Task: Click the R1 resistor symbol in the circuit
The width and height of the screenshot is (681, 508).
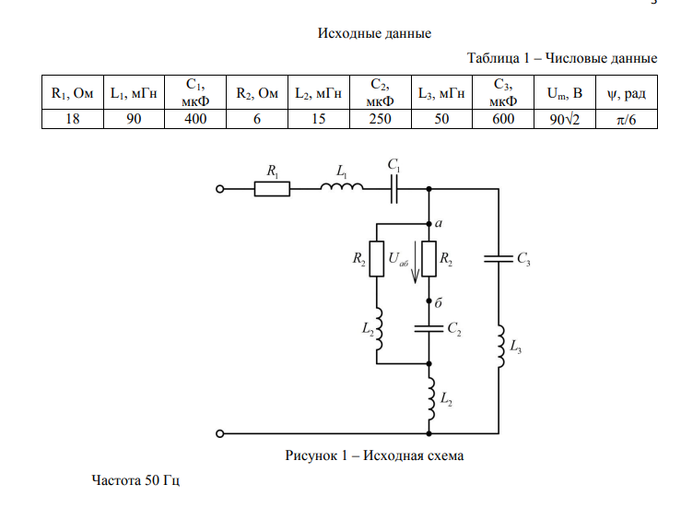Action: click(x=272, y=189)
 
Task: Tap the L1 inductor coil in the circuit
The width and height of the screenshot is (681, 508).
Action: click(x=341, y=188)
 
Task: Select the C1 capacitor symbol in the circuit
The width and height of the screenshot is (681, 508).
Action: click(x=394, y=189)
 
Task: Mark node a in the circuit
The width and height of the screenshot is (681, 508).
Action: click(x=429, y=223)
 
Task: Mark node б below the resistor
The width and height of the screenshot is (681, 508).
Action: click(x=429, y=301)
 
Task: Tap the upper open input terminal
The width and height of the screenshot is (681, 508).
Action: click(x=219, y=189)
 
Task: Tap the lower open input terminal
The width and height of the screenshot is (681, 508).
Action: click(x=219, y=432)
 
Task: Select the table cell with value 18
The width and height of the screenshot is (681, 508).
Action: click(x=72, y=119)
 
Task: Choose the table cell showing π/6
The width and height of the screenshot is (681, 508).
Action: click(x=626, y=119)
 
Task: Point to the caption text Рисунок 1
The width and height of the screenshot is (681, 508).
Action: click(x=373, y=455)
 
